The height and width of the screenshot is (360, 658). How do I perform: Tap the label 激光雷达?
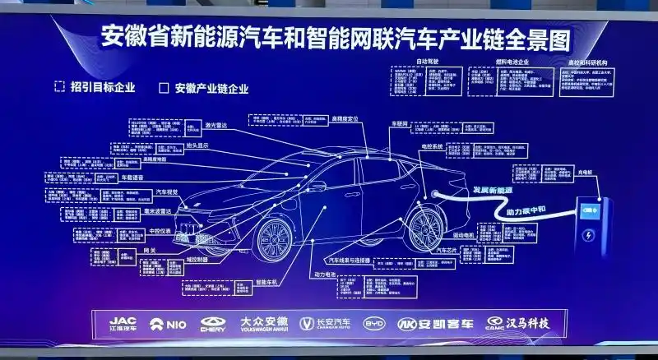coord(215,126)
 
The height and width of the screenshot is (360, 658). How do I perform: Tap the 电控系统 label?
coord(432,145)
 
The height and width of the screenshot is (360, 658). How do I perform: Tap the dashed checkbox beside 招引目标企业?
coord(59,86)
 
